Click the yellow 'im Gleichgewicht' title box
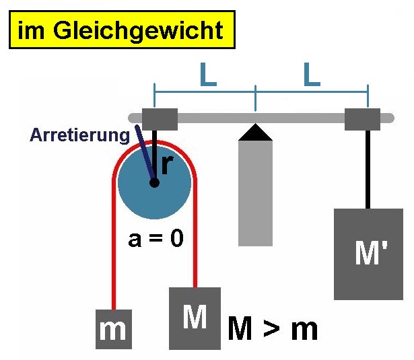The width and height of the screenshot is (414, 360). tap(122, 30)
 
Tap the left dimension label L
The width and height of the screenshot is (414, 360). tap(208, 75)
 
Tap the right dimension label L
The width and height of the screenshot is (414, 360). tap(312, 75)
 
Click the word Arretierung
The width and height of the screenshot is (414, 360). tap(79, 136)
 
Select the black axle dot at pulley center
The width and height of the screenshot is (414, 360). tap(154, 182)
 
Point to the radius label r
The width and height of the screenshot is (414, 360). tap(167, 165)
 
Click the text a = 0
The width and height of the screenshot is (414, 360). tap(156, 239)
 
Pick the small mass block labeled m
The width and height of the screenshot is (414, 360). tap(114, 329)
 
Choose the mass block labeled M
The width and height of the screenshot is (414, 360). tap(195, 318)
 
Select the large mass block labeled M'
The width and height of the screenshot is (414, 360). tap(369, 254)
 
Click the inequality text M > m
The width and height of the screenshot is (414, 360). tap(273, 328)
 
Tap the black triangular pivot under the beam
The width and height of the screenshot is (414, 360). tap(255, 133)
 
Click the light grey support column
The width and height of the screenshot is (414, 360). tap(255, 194)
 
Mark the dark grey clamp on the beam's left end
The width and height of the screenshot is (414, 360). tap(160, 119)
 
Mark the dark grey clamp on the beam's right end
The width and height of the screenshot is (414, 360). tap(363, 119)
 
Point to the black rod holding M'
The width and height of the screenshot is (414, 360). tap(368, 170)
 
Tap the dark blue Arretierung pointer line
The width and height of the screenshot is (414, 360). tap(145, 153)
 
